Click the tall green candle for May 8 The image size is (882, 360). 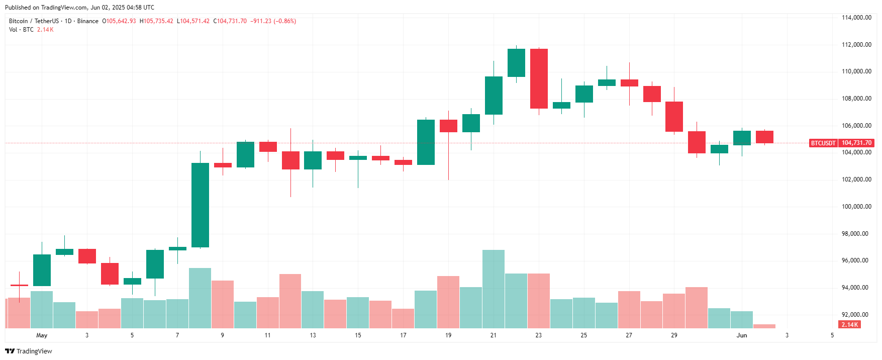[x=200, y=205]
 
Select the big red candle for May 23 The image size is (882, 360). [x=539, y=78]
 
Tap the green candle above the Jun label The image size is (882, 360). [x=742, y=138]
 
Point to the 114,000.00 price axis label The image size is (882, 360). [x=856, y=18]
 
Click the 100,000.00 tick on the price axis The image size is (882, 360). [x=856, y=207]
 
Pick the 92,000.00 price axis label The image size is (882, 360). [x=856, y=315]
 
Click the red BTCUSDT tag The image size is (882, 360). [x=823, y=143]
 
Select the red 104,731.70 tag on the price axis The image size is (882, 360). [x=857, y=143]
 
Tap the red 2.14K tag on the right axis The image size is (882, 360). [x=850, y=325]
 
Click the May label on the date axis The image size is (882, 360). [x=42, y=335]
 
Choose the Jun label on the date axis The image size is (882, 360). [x=742, y=335]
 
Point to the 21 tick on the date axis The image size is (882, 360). [x=494, y=335]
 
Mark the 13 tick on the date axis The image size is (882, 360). [x=313, y=335]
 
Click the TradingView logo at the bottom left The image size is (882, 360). [x=29, y=351]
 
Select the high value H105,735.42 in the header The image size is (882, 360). [x=156, y=21]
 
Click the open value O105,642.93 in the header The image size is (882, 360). [x=119, y=21]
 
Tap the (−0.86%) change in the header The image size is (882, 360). [x=285, y=21]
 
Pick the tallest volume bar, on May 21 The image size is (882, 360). [x=494, y=289]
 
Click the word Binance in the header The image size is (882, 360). [x=88, y=21]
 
